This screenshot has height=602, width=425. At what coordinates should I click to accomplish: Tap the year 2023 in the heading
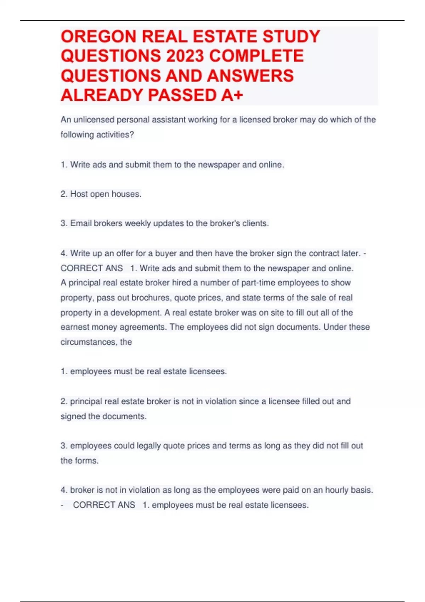coord(181,56)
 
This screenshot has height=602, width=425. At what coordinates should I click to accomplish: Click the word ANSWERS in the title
coord(250,76)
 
